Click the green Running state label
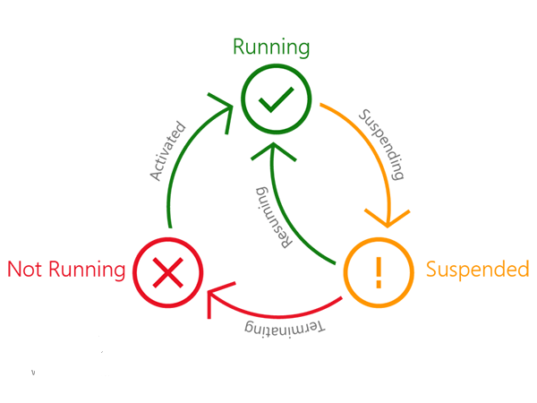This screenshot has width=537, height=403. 271,47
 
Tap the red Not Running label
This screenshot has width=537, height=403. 65,269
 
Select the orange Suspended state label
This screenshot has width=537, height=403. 477,269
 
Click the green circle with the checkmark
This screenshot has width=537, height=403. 276,103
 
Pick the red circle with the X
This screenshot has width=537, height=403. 168,270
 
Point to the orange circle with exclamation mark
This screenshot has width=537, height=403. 378,270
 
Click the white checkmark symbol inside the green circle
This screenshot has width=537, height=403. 276,104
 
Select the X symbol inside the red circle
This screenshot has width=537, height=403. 168,270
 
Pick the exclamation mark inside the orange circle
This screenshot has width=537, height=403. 378,270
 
